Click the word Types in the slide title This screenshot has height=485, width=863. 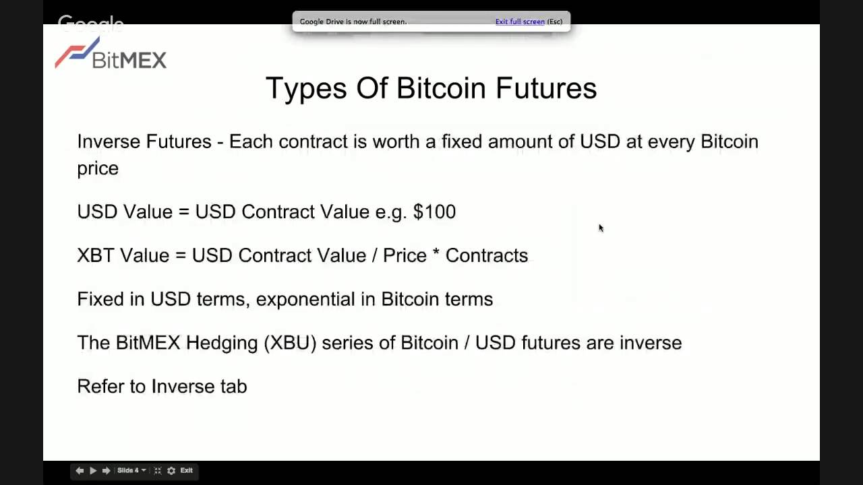click(305, 89)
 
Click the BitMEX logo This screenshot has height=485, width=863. click(111, 54)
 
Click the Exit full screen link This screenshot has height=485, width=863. click(520, 22)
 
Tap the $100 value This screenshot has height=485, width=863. click(434, 212)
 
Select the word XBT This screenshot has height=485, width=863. click(95, 255)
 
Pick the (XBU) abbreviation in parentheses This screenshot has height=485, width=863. click(290, 343)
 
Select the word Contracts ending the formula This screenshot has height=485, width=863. click(486, 255)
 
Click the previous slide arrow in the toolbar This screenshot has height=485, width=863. click(80, 470)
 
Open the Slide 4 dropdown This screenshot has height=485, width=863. click(131, 470)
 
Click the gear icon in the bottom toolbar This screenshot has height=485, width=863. click(171, 470)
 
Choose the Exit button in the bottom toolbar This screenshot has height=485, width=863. click(186, 470)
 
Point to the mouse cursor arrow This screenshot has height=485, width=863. click(601, 228)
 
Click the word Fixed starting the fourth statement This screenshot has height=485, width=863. click(100, 299)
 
